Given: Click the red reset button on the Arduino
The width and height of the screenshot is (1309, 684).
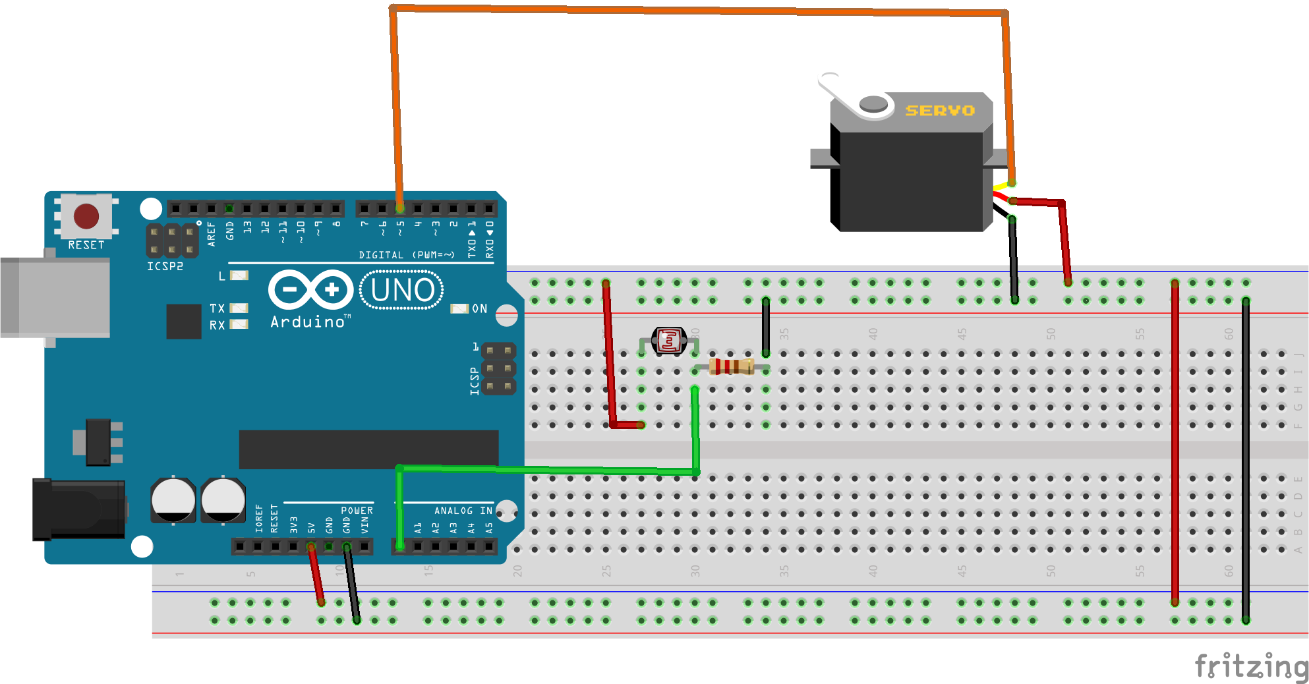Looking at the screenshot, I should tap(86, 216).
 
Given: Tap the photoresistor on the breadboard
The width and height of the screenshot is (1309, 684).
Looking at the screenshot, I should tap(668, 341).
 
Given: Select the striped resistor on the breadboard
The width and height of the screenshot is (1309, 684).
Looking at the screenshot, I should tap(732, 366).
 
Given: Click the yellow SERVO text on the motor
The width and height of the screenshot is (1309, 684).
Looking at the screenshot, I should tap(939, 111).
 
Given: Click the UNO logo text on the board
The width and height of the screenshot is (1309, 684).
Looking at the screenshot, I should tap(402, 290).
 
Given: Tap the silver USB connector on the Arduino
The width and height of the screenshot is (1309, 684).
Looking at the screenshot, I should tap(56, 297).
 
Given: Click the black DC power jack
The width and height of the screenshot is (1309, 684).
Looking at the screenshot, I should tap(79, 509).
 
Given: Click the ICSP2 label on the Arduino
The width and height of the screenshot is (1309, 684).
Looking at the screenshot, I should tap(165, 266).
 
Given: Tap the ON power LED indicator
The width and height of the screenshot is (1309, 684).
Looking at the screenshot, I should tap(459, 308).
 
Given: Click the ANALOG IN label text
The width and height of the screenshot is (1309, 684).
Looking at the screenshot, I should tap(463, 511).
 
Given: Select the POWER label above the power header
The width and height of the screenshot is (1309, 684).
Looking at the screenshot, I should tap(357, 511).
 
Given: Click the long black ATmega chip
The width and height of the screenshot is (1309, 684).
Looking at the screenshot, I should tap(368, 449).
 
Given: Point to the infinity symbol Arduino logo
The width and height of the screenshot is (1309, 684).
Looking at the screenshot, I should tap(310, 289).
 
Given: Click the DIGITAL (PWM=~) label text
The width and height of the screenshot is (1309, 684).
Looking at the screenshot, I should tap(407, 255).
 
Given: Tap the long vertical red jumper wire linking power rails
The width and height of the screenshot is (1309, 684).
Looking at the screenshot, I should tap(1175, 442).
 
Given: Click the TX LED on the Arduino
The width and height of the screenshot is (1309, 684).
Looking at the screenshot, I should tap(239, 308).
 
